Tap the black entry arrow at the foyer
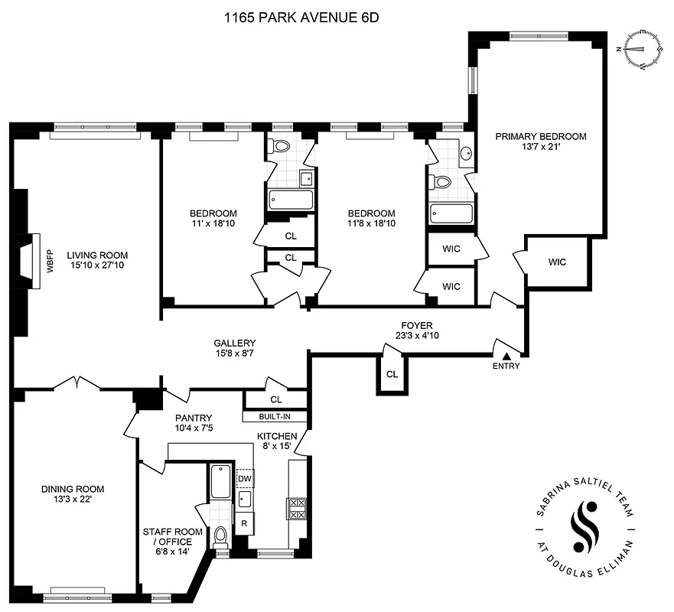click(505, 356)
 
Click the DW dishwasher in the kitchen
click(245, 478)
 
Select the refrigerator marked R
click(245, 524)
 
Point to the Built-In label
click(274, 417)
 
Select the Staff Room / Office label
click(173, 536)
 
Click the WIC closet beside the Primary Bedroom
click(557, 262)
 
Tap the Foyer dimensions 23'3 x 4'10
click(413, 335)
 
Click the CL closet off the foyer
click(392, 375)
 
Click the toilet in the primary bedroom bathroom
click(441, 183)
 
